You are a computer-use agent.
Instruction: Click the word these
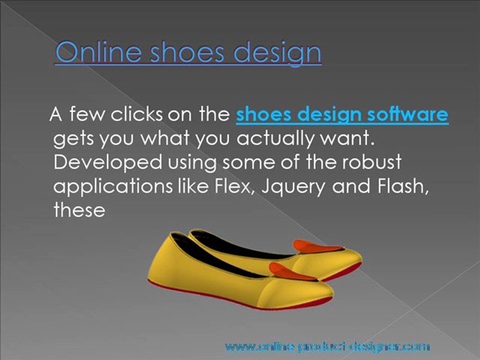[x=79, y=210]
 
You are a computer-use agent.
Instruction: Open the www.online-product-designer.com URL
[x=327, y=346]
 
